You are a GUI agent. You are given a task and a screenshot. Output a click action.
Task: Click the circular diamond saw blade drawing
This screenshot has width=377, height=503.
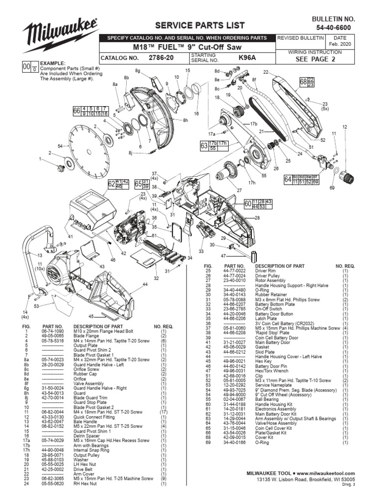pyautogui.click(x=88, y=143)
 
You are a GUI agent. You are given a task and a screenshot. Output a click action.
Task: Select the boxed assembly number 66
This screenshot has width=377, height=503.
pyautogui.click(x=76, y=112)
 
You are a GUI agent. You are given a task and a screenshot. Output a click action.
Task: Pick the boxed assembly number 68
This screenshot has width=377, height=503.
pyautogui.click(x=303, y=82)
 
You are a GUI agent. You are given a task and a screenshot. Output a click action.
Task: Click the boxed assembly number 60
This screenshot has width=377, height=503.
pyautogui.click(x=247, y=203)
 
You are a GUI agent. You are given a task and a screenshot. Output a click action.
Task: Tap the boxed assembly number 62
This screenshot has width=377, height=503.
pyautogui.click(x=111, y=184)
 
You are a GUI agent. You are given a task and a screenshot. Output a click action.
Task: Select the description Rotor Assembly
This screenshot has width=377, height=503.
pyautogui.click(x=271, y=280)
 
